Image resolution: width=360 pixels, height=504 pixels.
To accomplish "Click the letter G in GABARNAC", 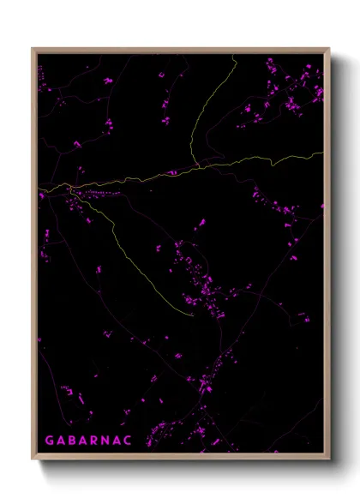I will [50, 441].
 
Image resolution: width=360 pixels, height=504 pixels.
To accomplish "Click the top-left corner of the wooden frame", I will [33, 49].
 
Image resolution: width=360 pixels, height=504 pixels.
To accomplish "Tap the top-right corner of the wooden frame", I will [329, 49].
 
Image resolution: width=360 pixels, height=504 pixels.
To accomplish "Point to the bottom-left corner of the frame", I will [33, 460].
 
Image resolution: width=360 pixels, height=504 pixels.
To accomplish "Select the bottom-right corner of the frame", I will [329, 460].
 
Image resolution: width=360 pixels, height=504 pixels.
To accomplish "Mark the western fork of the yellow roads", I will [68, 188].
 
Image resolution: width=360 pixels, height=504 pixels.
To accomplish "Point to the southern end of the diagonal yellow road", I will [194, 315].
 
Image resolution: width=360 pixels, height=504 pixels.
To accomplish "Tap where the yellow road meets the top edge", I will [236, 54].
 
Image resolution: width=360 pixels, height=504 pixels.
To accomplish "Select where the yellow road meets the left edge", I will [38, 190].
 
